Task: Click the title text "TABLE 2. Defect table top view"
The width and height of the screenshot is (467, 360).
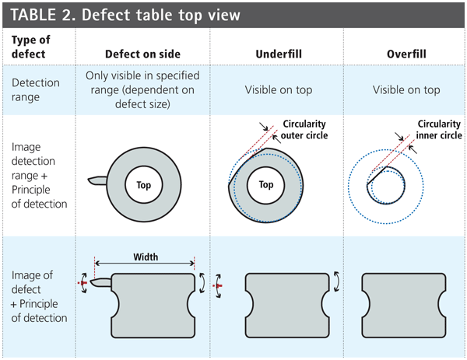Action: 125,15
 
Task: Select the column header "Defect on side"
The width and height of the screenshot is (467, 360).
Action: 143,54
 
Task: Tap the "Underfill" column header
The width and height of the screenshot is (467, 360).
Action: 279,54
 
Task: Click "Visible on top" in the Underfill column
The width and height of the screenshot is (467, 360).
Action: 279,90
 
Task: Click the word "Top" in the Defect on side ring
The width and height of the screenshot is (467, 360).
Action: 144,185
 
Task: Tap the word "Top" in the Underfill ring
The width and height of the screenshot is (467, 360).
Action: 266,185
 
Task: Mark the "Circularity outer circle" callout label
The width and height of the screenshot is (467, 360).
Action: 304,129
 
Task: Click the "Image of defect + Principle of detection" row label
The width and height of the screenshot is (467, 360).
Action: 39,296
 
